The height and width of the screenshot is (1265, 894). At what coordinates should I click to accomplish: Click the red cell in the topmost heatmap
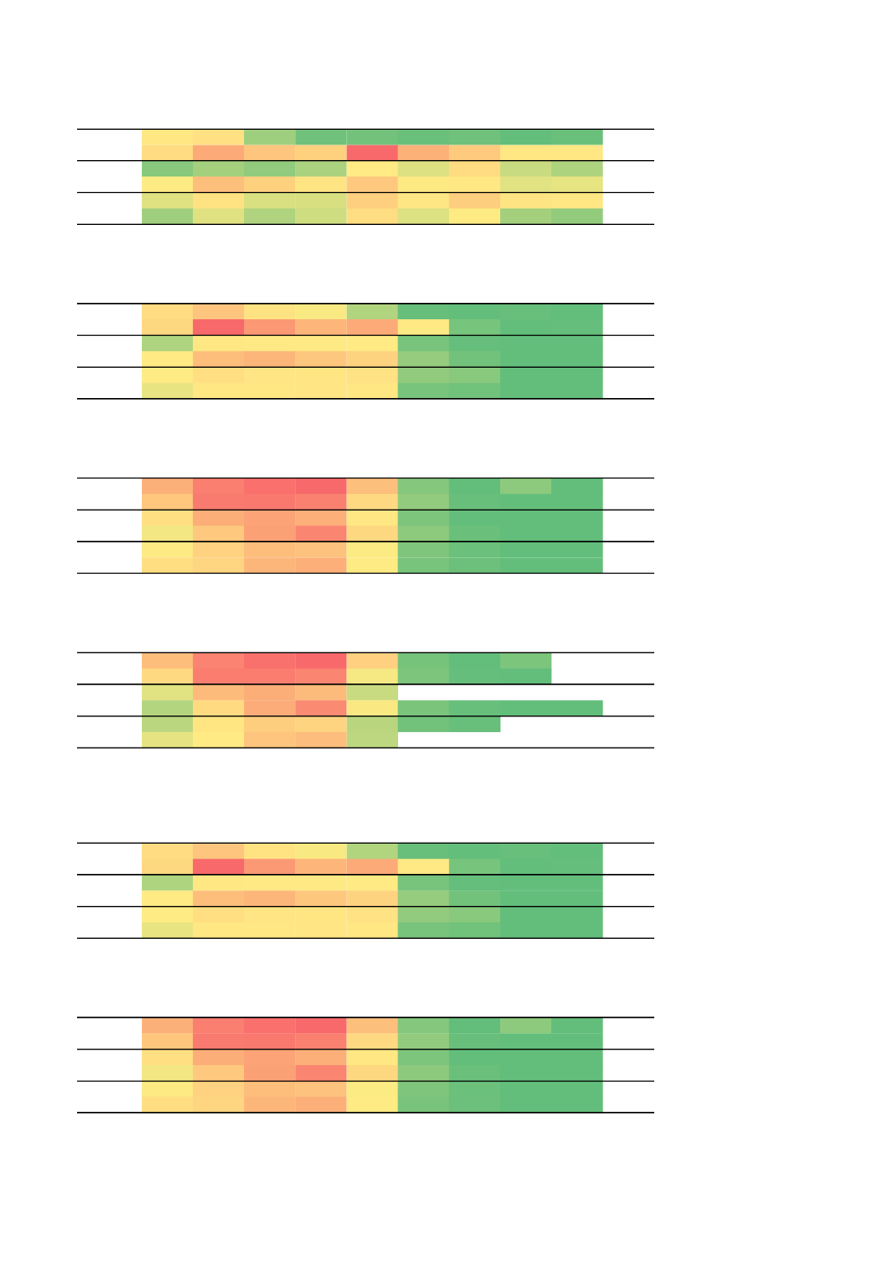pyautogui.click(x=372, y=153)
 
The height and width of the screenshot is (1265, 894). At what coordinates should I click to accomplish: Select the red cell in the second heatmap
pyautogui.click(x=218, y=327)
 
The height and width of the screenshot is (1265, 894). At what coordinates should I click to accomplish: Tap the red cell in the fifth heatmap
pyautogui.click(x=218, y=866)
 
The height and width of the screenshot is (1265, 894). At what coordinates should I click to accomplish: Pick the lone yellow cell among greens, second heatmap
pyautogui.click(x=423, y=327)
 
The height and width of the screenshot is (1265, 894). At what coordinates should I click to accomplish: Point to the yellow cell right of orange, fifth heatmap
pyautogui.click(x=423, y=866)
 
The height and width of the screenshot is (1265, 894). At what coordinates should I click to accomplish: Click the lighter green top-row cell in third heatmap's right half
pyautogui.click(x=525, y=486)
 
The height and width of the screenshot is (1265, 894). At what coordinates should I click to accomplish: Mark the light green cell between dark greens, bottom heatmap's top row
pyautogui.click(x=525, y=1025)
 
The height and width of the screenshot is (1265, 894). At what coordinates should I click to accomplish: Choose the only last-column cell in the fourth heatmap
pyautogui.click(x=576, y=708)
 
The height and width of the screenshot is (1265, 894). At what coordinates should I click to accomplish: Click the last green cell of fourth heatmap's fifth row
pyautogui.click(x=474, y=724)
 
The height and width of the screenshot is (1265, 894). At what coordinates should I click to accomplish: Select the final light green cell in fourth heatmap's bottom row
pyautogui.click(x=372, y=740)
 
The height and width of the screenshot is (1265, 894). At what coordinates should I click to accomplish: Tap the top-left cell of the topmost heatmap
pyautogui.click(x=167, y=137)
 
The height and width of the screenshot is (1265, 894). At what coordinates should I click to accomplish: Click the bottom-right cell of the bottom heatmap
pyautogui.click(x=576, y=1104)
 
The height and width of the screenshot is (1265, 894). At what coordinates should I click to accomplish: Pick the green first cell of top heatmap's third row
pyautogui.click(x=167, y=169)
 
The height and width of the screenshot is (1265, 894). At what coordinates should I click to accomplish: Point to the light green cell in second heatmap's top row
pyautogui.click(x=372, y=311)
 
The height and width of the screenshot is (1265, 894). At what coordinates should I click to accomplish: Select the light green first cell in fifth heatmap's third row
pyautogui.click(x=167, y=883)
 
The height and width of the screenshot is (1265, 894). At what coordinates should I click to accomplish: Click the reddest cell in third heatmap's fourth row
pyautogui.click(x=321, y=533)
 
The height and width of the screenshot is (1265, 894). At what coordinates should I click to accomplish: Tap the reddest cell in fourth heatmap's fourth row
pyautogui.click(x=321, y=708)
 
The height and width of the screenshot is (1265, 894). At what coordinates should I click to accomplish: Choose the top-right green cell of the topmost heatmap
pyautogui.click(x=576, y=137)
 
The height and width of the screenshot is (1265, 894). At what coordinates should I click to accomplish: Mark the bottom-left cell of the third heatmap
pyautogui.click(x=167, y=565)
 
